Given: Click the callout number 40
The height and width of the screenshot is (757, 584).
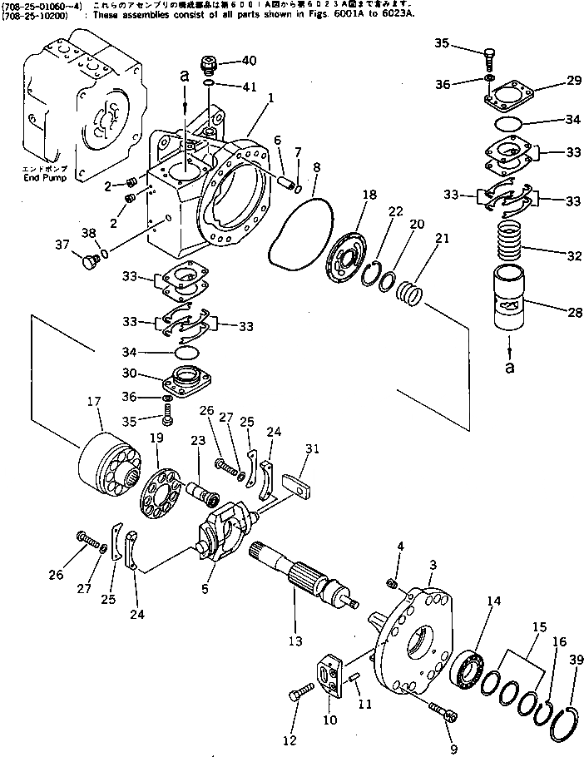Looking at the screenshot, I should click(x=248, y=61).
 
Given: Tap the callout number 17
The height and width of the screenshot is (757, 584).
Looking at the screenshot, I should click(x=93, y=402).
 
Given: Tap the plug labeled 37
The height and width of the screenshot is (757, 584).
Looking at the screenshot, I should click(x=87, y=263).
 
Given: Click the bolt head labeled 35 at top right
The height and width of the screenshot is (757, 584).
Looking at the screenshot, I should click(x=491, y=57).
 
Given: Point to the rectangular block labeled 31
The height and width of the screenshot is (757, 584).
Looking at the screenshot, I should click(x=299, y=484).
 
